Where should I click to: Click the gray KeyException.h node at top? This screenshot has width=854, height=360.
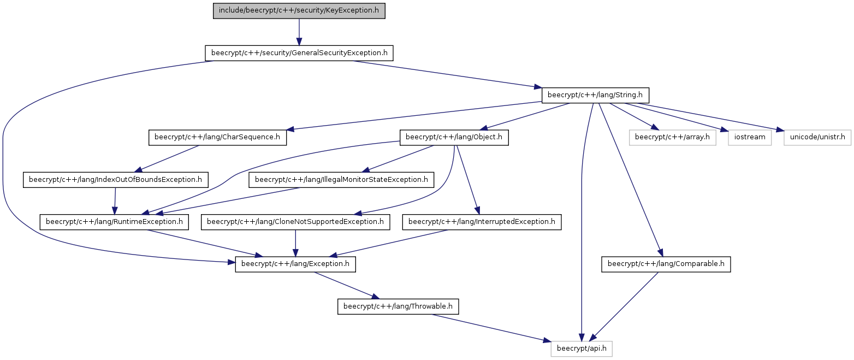click(x=299, y=11)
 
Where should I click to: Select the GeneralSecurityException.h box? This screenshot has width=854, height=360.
click(x=299, y=53)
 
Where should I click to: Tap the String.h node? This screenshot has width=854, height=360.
click(x=595, y=95)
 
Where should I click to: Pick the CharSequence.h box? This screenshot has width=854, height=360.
click(x=217, y=137)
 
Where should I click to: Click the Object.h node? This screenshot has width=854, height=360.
click(x=454, y=137)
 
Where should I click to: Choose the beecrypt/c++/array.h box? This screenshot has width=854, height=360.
click(x=672, y=137)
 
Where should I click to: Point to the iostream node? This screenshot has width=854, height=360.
click(x=750, y=137)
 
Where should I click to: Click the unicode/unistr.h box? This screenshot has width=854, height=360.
click(x=817, y=137)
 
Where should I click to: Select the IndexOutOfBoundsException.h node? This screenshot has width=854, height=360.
click(x=116, y=180)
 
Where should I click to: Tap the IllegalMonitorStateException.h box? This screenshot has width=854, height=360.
click(x=341, y=180)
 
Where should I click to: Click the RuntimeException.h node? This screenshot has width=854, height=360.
click(x=114, y=222)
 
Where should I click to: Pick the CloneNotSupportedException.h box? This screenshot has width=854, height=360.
click(x=295, y=222)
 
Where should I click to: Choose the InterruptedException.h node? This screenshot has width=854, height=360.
click(x=482, y=222)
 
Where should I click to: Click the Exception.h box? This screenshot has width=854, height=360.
click(x=295, y=264)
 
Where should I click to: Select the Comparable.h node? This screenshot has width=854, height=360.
click(x=666, y=264)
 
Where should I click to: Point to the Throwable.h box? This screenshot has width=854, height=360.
click(x=398, y=306)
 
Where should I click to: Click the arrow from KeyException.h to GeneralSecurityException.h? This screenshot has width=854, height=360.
click(x=299, y=32)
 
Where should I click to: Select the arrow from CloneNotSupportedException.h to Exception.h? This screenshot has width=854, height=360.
click(x=295, y=243)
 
